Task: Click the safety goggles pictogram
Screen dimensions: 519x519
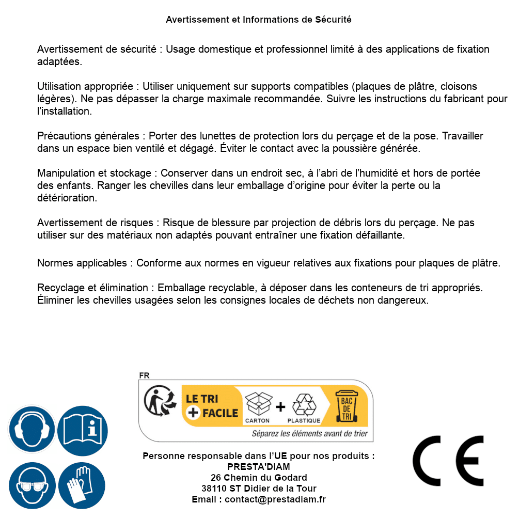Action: [32, 485]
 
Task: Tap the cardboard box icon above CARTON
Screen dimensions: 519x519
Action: [258, 404]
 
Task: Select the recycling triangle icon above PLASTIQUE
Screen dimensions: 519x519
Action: [304, 404]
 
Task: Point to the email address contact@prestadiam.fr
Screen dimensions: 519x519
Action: [275, 499]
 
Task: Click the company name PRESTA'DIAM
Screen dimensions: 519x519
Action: [259, 467]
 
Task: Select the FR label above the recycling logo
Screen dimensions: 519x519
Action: [144, 375]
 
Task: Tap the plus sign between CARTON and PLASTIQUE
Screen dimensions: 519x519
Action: [280, 406]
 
